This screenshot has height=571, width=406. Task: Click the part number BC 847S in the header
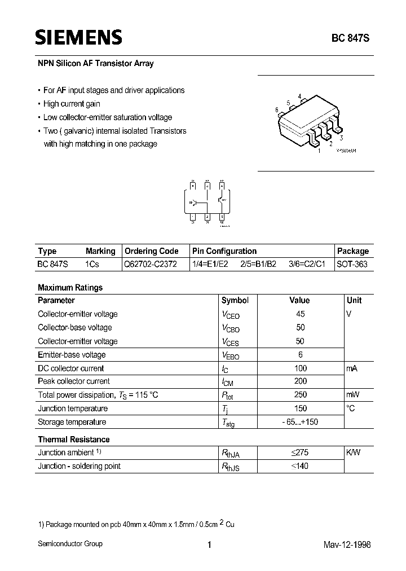(351, 39)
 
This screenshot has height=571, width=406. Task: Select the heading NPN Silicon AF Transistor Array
(95, 64)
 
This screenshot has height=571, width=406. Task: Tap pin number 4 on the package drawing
(300, 96)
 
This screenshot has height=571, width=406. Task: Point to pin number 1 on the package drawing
(319, 151)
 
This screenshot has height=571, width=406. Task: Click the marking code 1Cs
(92, 264)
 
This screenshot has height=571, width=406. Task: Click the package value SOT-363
(352, 264)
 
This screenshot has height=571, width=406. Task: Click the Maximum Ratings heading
(70, 287)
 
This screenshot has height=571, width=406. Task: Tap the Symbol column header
(235, 300)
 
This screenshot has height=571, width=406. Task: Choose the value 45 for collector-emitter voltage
(300, 314)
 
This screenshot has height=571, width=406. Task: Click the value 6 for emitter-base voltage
(301, 354)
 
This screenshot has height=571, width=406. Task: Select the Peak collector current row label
(73, 381)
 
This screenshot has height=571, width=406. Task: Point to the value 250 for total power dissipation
(300, 395)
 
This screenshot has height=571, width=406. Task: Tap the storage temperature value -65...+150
(300, 422)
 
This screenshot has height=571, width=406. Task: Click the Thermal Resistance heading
(73, 439)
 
